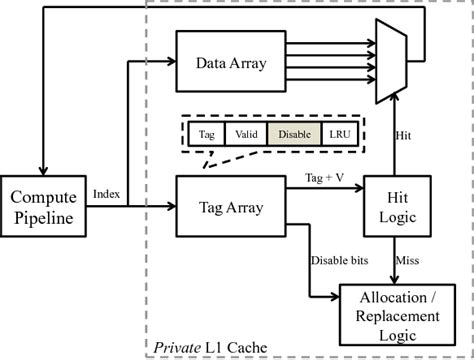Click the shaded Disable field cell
[296, 134]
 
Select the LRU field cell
[343, 134]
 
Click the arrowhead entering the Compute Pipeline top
[41, 168]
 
